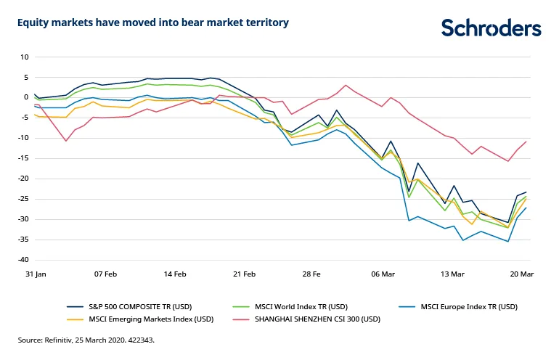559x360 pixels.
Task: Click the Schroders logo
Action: tap(491, 28)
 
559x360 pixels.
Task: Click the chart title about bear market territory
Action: tap(153, 22)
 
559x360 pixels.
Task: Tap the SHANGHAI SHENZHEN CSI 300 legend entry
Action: tap(313, 319)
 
